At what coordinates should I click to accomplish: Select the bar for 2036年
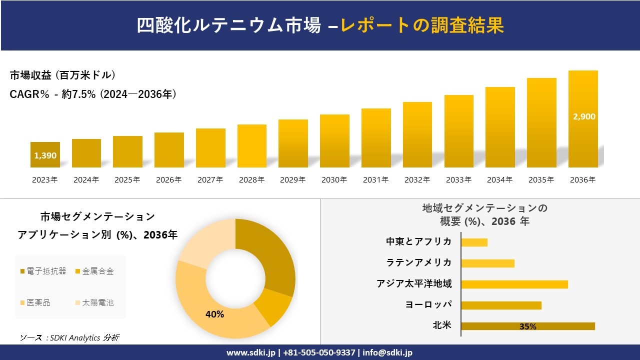point(583,140)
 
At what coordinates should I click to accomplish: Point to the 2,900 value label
point(584,116)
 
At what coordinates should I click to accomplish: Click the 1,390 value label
point(45,155)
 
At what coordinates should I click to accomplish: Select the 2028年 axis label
point(251,180)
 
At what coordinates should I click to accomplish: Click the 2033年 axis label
point(458,180)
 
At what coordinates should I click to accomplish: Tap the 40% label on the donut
point(214,314)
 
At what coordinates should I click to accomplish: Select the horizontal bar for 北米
point(527,326)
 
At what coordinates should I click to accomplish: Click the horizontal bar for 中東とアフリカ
point(474,242)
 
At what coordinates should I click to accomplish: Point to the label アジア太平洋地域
point(414,284)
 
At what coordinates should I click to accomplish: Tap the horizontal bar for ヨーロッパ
point(501,305)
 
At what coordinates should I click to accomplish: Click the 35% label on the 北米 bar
point(527,326)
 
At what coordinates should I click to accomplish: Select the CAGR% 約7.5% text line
point(93,94)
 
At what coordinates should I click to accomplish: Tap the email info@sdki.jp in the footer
point(387,352)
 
